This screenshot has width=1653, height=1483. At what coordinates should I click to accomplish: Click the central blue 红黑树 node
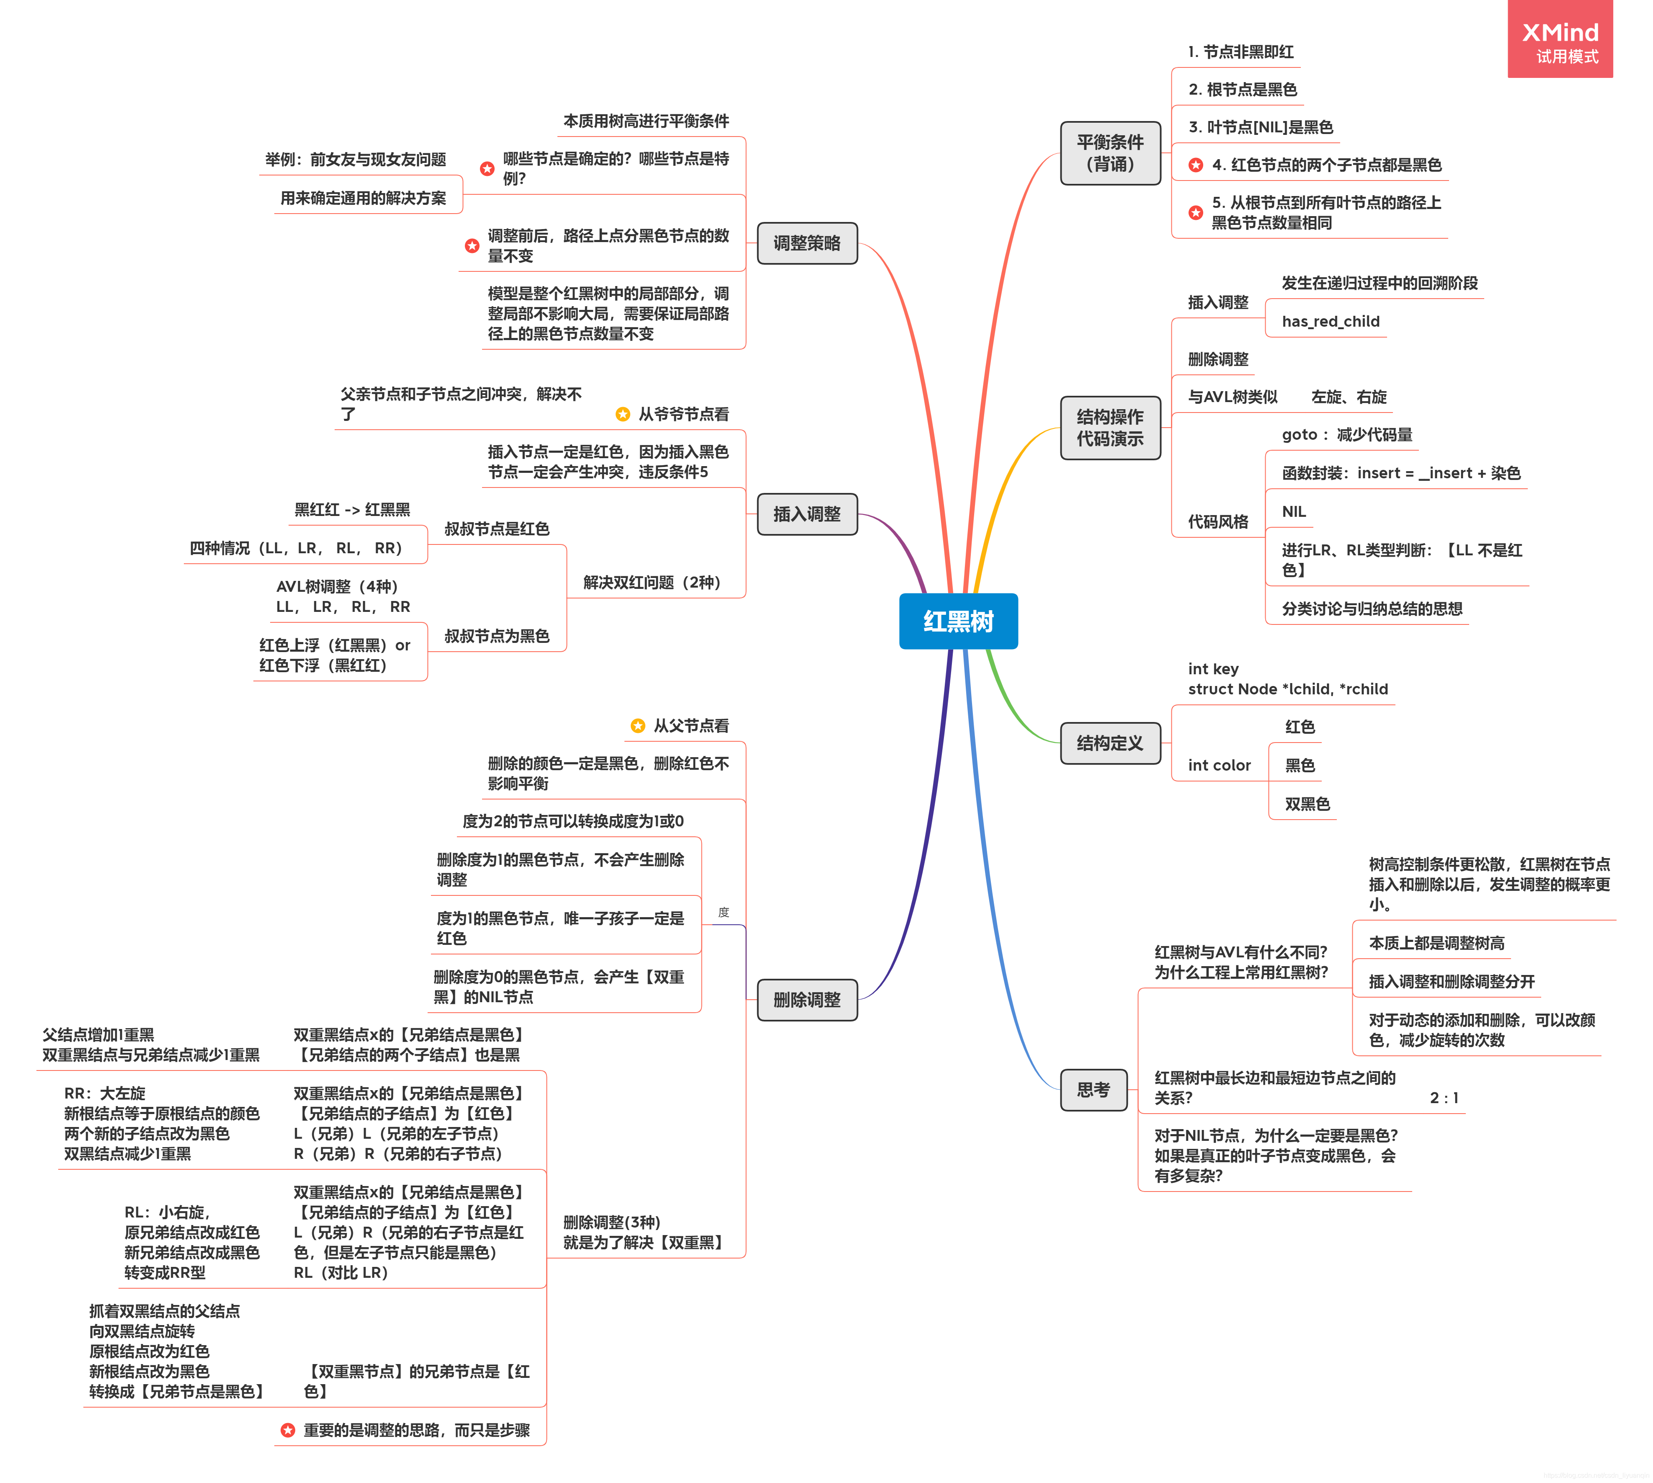(958, 622)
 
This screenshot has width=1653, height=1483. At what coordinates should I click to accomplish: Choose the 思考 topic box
(1093, 1089)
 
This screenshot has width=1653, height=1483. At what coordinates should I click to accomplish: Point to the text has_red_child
(1331, 321)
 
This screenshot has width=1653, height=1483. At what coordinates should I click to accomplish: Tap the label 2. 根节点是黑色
(1243, 90)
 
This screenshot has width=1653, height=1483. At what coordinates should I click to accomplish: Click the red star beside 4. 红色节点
(1195, 165)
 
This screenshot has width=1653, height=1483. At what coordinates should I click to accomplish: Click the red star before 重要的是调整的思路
(288, 1430)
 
